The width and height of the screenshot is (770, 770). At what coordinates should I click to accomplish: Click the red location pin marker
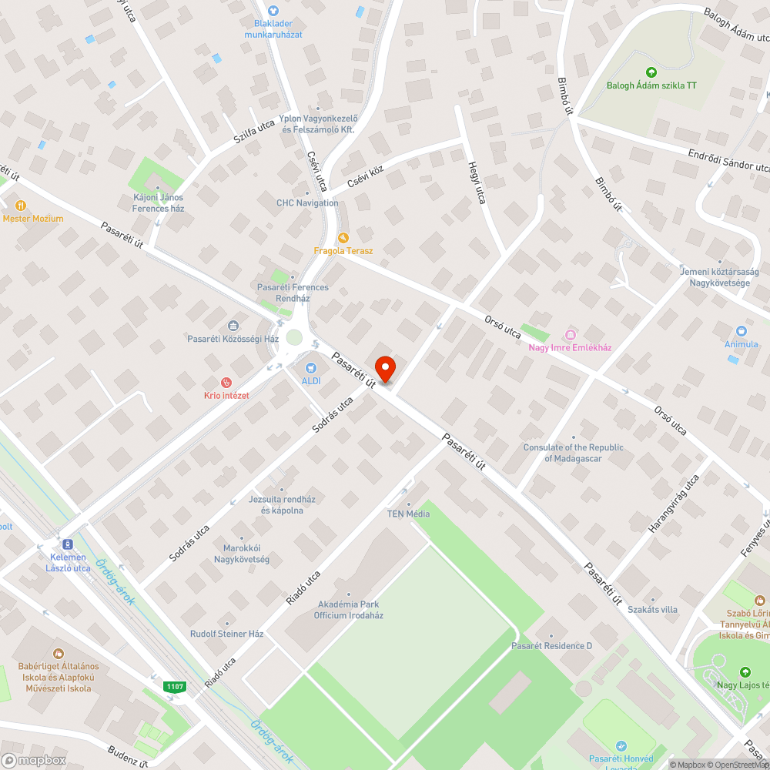[x=384, y=368]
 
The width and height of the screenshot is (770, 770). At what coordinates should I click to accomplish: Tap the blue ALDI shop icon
[x=311, y=368]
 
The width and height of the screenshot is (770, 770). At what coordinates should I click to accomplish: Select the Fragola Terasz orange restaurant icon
[x=343, y=238]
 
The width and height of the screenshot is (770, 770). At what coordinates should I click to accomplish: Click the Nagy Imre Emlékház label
[x=570, y=347]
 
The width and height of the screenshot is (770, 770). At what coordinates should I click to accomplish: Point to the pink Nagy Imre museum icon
[x=570, y=334]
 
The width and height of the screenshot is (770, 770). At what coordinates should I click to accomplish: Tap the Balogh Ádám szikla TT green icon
[x=651, y=72]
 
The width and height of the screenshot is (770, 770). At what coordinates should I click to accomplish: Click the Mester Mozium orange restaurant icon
[x=21, y=206]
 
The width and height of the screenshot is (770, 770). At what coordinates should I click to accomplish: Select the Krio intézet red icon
[x=226, y=382]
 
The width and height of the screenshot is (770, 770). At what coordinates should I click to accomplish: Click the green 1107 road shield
[x=175, y=686]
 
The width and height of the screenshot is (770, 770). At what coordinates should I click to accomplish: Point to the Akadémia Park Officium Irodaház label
[x=348, y=610]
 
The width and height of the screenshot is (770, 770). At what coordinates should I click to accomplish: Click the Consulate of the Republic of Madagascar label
[x=573, y=453]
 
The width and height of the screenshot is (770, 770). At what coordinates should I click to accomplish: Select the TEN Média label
[x=408, y=514]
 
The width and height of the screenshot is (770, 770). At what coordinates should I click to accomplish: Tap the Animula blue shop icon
[x=742, y=330]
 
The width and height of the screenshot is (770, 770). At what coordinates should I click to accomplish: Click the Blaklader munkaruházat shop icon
[x=273, y=11]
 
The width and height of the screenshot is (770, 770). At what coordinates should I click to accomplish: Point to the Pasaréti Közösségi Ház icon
[x=233, y=326]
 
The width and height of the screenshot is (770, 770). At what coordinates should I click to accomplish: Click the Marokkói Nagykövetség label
[x=241, y=554]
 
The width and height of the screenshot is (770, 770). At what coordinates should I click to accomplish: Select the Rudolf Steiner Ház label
[x=227, y=634]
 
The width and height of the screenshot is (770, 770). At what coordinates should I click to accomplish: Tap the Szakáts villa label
[x=652, y=609]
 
